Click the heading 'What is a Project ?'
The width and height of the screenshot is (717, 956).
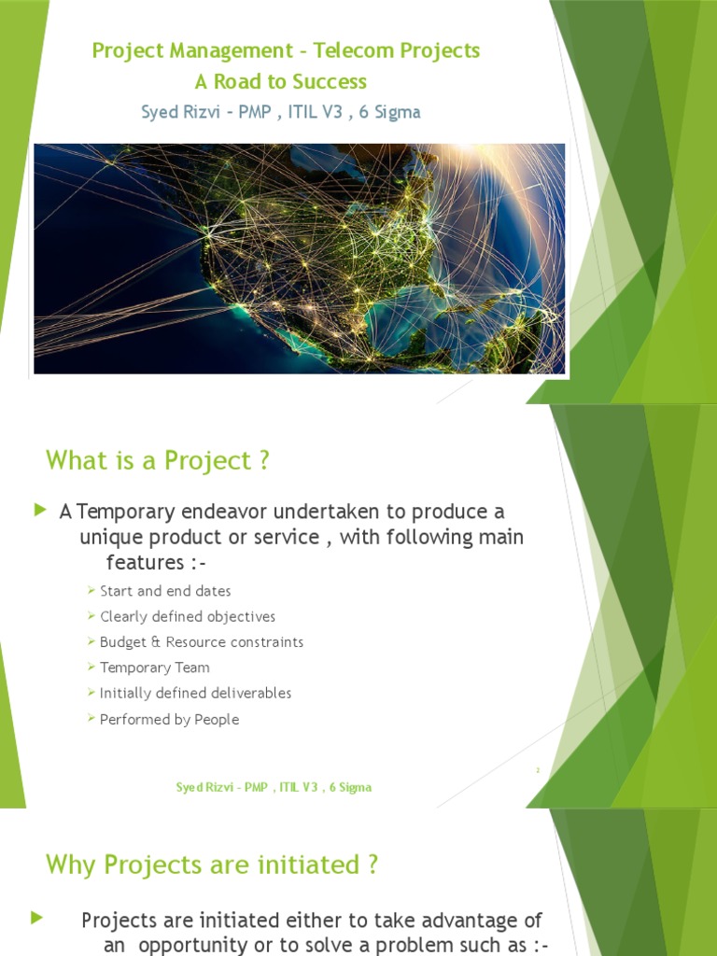157,460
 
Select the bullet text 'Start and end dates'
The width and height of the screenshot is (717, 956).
165,591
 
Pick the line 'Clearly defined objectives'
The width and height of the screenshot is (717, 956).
188,616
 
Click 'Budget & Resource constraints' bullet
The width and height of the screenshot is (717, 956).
202,642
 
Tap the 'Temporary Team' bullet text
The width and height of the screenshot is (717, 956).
155,668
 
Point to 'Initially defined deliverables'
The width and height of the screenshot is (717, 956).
195,693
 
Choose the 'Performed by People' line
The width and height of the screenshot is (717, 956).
170,719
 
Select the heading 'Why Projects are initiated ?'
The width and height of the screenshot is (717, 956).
212,865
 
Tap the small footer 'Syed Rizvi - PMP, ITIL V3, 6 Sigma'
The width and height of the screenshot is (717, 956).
274,787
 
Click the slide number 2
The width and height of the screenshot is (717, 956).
538,770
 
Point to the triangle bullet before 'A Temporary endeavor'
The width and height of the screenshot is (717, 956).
39,510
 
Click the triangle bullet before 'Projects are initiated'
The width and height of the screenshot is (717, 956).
37,918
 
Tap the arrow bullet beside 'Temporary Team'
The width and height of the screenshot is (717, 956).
91,667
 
